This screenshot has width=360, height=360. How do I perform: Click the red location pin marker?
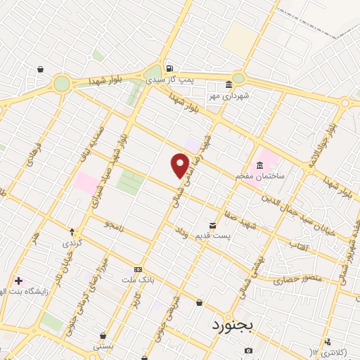tap(180, 165)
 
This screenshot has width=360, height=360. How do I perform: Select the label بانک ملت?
tap(139, 278)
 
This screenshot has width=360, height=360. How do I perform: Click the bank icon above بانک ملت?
tap(139, 269)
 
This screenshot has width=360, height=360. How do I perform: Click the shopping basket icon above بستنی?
tap(103, 335)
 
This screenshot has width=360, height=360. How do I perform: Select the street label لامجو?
tap(111, 226)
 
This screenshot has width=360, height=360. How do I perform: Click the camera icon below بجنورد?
tap(248, 350)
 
